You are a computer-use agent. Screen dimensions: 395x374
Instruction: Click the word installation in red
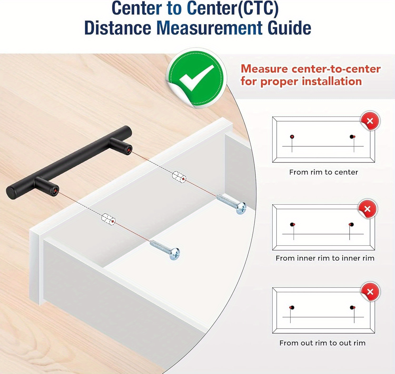(x=332, y=81)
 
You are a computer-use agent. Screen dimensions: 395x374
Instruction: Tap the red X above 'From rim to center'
(x=370, y=121)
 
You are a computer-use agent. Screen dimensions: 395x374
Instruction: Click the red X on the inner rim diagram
(x=367, y=209)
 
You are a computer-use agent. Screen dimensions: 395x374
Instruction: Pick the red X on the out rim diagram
(x=370, y=292)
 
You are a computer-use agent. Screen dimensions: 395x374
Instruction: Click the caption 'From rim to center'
(x=323, y=172)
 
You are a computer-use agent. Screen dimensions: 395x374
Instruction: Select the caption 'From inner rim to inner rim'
(x=325, y=258)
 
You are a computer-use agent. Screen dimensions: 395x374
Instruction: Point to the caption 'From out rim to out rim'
(x=322, y=343)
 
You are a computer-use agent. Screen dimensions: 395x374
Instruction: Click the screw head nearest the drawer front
(x=175, y=254)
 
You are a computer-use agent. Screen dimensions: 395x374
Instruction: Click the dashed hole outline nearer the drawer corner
(x=108, y=219)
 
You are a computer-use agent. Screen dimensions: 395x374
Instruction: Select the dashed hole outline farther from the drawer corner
(x=179, y=177)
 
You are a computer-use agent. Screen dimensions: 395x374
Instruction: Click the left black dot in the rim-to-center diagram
(x=292, y=137)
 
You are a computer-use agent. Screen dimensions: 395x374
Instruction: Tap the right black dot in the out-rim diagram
(x=352, y=308)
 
